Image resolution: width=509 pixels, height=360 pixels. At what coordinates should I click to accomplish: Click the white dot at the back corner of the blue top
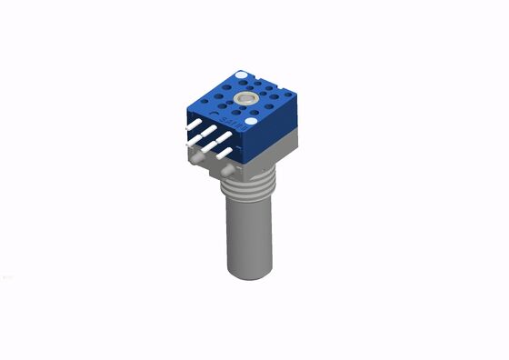tap(240, 75)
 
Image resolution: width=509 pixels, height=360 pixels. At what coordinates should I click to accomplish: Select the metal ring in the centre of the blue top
tap(245, 98)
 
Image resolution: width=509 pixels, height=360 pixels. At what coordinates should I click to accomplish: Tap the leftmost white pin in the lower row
tap(191, 143)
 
